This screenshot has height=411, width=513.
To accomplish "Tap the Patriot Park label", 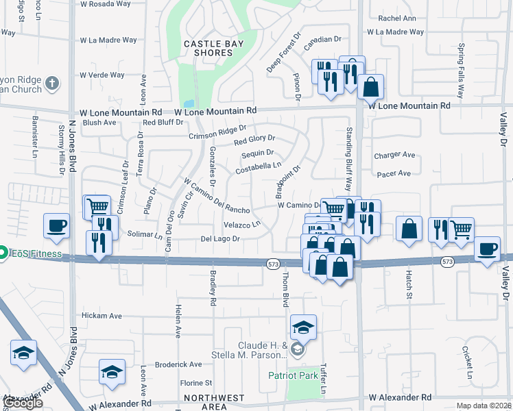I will coord(292,375).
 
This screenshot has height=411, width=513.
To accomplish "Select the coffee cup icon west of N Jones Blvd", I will coord(56,225).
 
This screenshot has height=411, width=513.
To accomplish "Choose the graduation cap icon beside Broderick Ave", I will coord(112,371).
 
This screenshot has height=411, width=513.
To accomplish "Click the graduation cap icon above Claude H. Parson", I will coord(302,327).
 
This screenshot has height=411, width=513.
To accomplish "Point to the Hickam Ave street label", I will coord(101,316).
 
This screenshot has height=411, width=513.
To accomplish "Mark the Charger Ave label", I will coord(394,155).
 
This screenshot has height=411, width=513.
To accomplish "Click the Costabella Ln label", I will coord(259,166).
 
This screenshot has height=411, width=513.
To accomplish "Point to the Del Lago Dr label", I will coord(219,239).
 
